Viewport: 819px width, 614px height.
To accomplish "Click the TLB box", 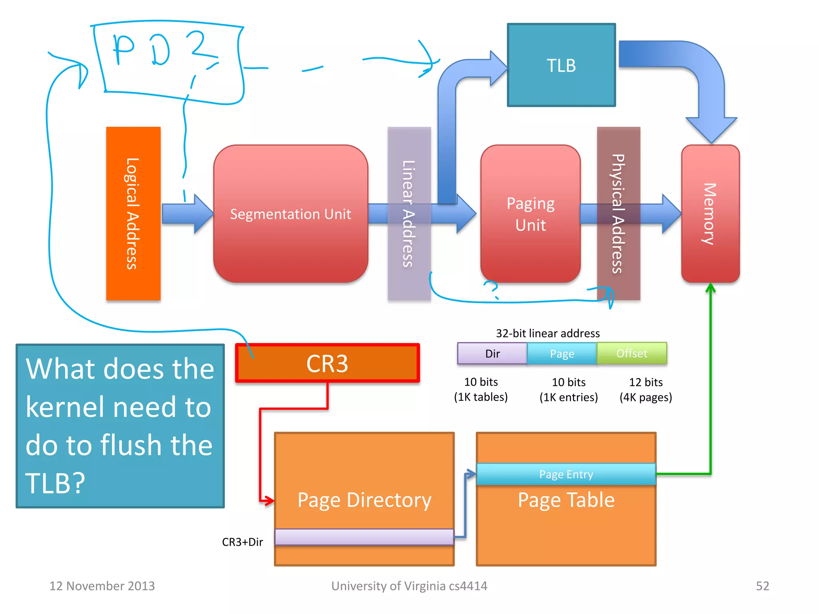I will pyautogui.click(x=561, y=65).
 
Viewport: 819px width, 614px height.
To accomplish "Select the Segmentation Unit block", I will pyautogui.click(x=290, y=214).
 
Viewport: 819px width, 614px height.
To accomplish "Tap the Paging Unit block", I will pyautogui.click(x=530, y=214).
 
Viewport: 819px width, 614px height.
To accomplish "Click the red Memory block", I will pyautogui.click(x=710, y=214).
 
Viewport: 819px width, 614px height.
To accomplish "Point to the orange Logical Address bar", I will pyautogui.click(x=133, y=213).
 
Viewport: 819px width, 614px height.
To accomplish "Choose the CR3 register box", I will pyautogui.click(x=327, y=363).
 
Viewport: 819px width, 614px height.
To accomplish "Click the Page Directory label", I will pyautogui.click(x=364, y=500).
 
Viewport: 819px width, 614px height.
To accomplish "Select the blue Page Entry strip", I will pyautogui.click(x=566, y=474).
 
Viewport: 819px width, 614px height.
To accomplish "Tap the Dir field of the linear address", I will pyautogui.click(x=492, y=353).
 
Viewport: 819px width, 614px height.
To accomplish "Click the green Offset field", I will pyautogui.click(x=631, y=353).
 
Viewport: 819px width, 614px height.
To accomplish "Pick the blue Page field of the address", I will pyautogui.click(x=562, y=353).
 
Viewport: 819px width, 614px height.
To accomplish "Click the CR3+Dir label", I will pyautogui.click(x=242, y=542).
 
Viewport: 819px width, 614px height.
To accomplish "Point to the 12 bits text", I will pyautogui.click(x=646, y=382).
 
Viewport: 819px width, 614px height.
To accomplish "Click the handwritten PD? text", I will pyautogui.click(x=160, y=50).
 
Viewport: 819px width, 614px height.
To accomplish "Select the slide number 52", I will pyautogui.click(x=762, y=586).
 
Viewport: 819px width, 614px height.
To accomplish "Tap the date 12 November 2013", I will pyautogui.click(x=102, y=586).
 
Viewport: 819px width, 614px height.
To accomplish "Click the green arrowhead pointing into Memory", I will pyautogui.click(x=710, y=287).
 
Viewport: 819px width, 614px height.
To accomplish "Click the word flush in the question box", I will pyautogui.click(x=156, y=445).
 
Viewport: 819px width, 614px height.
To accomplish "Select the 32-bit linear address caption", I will pyautogui.click(x=547, y=333).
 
